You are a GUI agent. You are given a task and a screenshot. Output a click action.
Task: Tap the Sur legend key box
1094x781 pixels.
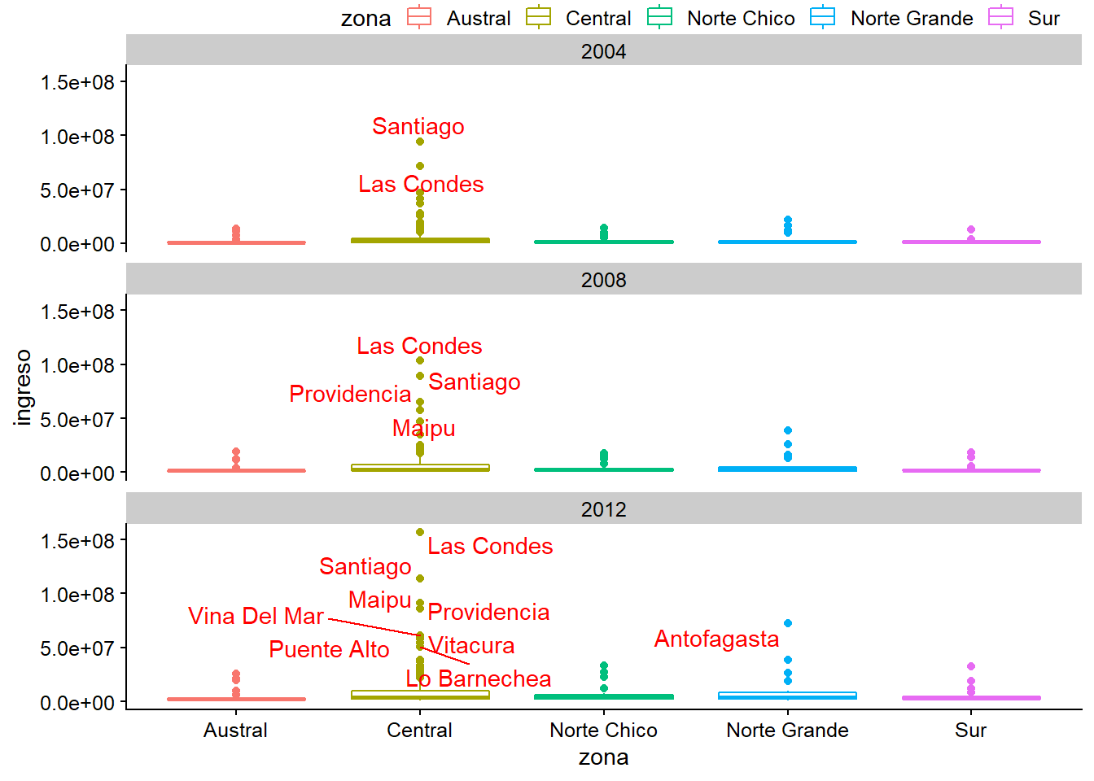click(1000, 17)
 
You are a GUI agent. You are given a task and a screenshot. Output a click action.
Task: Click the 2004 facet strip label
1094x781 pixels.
click(603, 51)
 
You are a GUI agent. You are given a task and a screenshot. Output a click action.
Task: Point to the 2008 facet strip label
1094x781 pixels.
click(603, 280)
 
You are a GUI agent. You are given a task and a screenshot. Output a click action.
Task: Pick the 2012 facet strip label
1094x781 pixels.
click(603, 509)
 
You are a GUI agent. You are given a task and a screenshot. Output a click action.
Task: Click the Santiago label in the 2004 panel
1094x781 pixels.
click(418, 127)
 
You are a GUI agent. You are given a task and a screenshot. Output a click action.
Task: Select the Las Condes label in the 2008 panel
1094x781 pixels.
click(419, 347)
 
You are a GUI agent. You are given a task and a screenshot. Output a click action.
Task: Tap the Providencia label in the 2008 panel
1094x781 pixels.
click(350, 395)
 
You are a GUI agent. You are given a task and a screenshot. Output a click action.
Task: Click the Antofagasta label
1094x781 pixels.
click(716, 639)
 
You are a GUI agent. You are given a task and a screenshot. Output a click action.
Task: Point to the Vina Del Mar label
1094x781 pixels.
click(256, 617)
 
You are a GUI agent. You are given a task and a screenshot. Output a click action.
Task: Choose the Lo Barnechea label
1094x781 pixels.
click(479, 679)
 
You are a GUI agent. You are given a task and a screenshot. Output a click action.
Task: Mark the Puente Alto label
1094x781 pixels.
click(329, 650)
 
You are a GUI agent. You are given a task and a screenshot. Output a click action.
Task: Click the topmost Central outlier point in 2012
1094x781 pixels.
click(420, 532)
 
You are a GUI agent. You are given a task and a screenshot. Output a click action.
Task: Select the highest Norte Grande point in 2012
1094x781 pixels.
click(788, 623)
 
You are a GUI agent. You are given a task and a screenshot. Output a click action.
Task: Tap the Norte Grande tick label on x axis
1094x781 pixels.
click(787, 731)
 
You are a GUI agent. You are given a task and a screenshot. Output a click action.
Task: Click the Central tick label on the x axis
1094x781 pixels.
click(419, 731)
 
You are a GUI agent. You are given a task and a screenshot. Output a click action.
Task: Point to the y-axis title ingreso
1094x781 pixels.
click(23, 387)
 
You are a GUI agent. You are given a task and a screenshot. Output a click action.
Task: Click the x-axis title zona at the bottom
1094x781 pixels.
click(603, 758)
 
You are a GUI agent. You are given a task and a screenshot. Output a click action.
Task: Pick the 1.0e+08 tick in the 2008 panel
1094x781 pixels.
click(78, 365)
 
